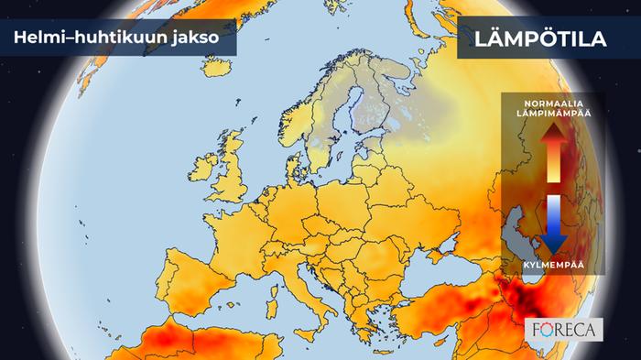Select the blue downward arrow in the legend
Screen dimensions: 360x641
[554, 225]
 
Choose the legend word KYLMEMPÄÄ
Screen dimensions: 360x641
[554, 266]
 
